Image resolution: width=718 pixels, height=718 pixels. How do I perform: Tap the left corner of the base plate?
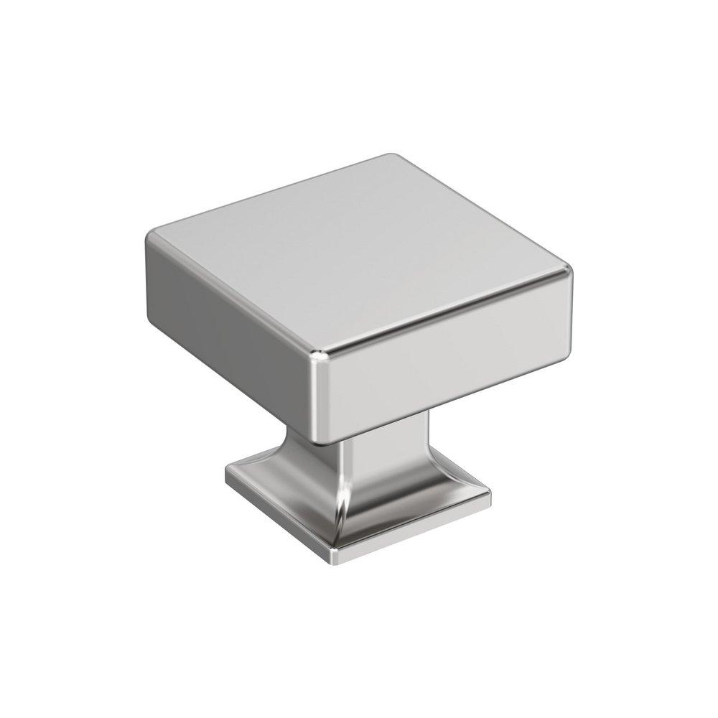point(227,474)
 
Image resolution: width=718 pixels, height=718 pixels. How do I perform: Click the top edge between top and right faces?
point(445,312)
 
